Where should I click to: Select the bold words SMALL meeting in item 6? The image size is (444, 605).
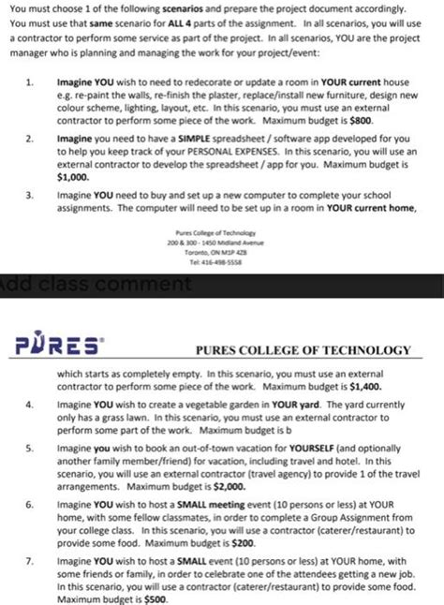click(x=205, y=503)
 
